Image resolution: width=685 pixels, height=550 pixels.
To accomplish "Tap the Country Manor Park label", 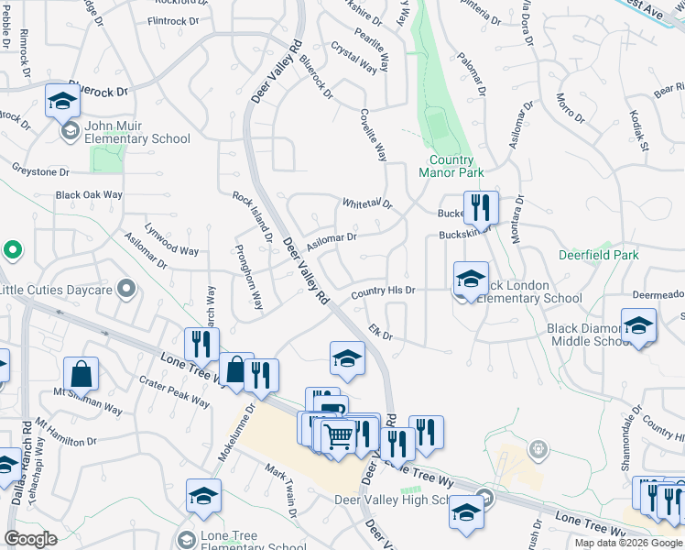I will click(451, 165).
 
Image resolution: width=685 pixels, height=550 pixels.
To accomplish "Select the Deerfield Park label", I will click(599, 256).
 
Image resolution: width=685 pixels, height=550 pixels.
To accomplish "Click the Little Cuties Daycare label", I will click(56, 291).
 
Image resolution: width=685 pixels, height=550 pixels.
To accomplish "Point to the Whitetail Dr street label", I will click(366, 203).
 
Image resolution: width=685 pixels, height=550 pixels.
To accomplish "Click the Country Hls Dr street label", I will click(383, 291).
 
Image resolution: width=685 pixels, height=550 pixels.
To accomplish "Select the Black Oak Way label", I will click(89, 195).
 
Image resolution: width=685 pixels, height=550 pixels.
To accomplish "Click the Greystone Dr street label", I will click(43, 169).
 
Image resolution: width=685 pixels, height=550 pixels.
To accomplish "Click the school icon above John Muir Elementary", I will click(62, 102).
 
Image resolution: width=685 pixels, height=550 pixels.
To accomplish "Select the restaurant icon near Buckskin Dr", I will click(480, 208).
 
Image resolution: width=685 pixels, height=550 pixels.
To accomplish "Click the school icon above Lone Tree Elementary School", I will click(203, 496).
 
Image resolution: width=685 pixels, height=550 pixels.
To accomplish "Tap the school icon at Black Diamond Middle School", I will click(638, 325).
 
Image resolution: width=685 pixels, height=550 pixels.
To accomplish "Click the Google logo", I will click(31, 539).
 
